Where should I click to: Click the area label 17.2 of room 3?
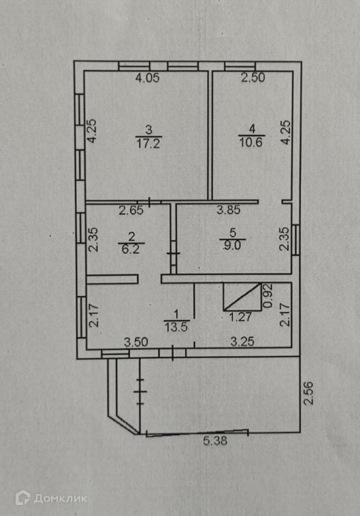coord(148,144)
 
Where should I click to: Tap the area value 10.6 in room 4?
coord(251,143)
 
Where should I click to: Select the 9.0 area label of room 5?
coord(232,245)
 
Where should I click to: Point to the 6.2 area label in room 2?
coord(131,248)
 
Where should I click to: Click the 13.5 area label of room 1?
coord(176,327)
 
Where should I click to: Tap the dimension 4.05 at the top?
coord(148,78)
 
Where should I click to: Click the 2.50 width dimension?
coord(252,78)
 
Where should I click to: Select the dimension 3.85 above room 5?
coord(229,210)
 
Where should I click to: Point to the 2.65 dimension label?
coord(131,210)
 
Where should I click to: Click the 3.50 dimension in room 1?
coord(136,342)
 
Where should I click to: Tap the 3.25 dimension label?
coord(242,342)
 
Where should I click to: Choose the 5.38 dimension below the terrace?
coord(215,440)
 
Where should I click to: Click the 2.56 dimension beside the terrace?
coord(308,393)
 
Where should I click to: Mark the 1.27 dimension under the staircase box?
coord(240,317)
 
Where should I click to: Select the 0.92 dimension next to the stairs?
coord(269,296)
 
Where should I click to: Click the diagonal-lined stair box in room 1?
coord(242,297)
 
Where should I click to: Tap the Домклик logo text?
coord(61,498)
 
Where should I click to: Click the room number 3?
coord(149,129)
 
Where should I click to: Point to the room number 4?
coord(252,129)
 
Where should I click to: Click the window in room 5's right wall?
coord(296,240)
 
